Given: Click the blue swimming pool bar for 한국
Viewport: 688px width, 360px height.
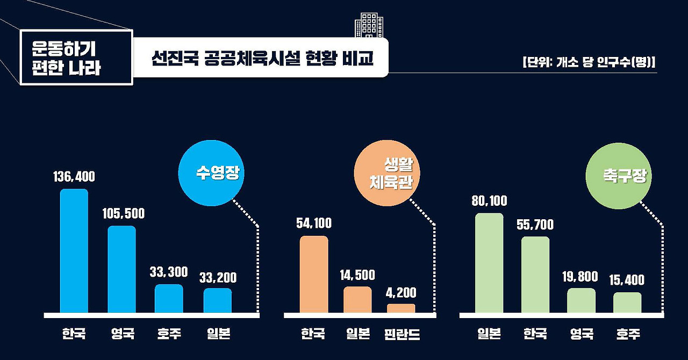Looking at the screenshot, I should point(74,251).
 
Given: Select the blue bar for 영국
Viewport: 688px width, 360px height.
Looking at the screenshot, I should point(121,269).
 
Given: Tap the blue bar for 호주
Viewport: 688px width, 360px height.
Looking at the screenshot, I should point(169,299).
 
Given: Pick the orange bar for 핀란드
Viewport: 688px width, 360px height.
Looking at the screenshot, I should point(401,308).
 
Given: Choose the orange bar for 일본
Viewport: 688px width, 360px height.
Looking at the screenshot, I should point(357,300).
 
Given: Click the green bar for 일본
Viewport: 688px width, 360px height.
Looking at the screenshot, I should point(489,263).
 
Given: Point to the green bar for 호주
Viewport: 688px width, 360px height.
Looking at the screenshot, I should point(627,303).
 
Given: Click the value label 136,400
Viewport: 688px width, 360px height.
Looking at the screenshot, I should point(74,177).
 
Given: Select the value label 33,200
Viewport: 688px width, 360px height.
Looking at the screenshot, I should point(218,278).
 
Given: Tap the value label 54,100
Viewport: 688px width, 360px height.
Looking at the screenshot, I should point(314,224).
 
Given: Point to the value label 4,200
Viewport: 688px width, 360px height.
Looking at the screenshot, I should point(401,293).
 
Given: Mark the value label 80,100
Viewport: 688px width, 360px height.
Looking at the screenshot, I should point(489,201).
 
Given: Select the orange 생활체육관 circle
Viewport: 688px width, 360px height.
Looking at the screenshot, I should point(387,174).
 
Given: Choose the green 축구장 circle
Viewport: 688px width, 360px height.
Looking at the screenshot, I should point(619,176).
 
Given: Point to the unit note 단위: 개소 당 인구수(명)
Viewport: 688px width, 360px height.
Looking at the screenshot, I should point(589,61).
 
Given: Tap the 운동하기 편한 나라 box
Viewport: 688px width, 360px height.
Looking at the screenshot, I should point(76,57).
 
